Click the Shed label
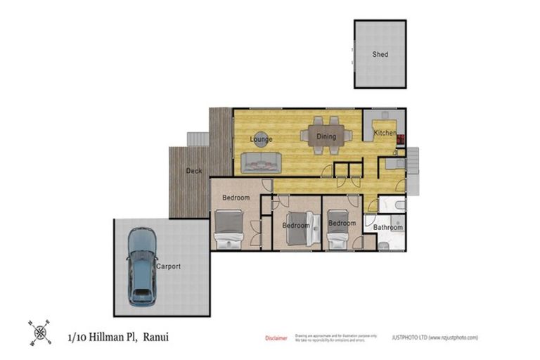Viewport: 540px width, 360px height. (380, 54)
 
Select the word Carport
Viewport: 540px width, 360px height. (169, 266)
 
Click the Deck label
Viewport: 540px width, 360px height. (194, 171)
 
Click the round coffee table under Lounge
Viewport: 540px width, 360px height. (261, 139)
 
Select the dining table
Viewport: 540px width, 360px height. (326, 136)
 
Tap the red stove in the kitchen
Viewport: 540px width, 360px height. (400, 138)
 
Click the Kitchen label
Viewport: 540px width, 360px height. (385, 133)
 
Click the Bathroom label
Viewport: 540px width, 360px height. (387, 227)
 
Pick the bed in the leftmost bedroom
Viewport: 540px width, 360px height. (229, 232)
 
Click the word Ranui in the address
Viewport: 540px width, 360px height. (155, 337)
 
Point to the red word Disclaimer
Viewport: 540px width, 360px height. (276, 338)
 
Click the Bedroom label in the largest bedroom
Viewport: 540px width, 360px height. (236, 198)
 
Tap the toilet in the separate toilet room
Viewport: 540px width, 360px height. (399, 205)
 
